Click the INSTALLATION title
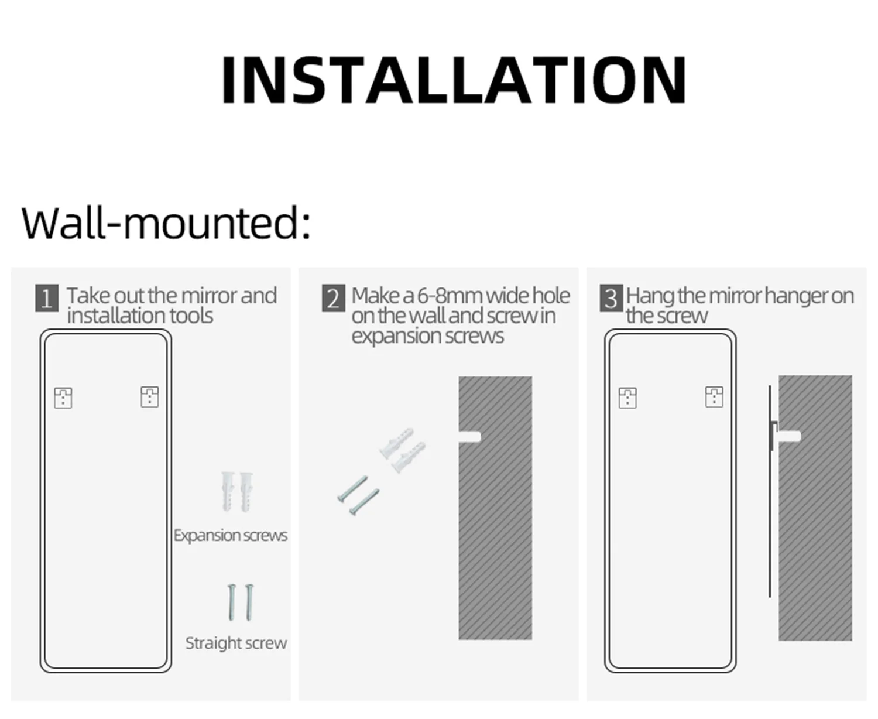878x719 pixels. (x=454, y=79)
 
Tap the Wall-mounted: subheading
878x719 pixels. (x=166, y=223)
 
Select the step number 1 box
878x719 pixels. (x=47, y=298)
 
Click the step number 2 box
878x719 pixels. (x=334, y=298)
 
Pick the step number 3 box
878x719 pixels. (x=611, y=298)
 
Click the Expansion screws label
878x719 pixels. (x=230, y=536)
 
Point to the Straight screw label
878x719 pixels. (x=236, y=643)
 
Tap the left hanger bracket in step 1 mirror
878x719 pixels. (x=63, y=398)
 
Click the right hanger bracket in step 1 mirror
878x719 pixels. (x=149, y=396)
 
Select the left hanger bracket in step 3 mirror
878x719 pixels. (x=627, y=398)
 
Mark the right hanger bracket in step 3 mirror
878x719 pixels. (x=714, y=396)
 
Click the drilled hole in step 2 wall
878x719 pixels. (x=469, y=437)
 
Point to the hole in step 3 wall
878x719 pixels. (x=790, y=436)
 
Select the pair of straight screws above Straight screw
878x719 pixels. (x=241, y=602)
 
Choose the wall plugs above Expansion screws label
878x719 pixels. (x=237, y=492)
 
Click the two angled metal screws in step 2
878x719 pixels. (x=358, y=495)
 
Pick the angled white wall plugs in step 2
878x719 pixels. (x=403, y=450)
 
